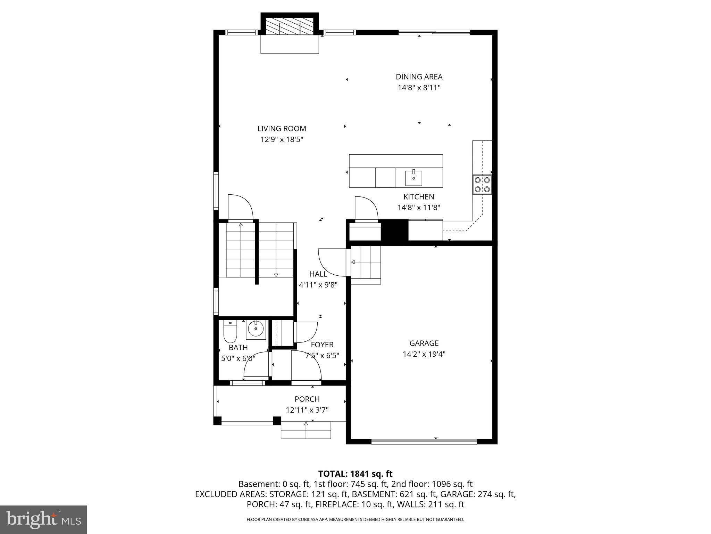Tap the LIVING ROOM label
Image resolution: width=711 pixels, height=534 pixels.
tap(282, 129)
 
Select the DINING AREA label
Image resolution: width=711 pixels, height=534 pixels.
tap(419, 77)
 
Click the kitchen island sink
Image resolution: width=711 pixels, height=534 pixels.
tap(413, 178)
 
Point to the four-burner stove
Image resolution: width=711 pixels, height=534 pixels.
tap(482, 185)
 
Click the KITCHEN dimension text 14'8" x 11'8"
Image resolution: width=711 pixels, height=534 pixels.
tap(419, 208)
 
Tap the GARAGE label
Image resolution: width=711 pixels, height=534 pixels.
tap(424, 343)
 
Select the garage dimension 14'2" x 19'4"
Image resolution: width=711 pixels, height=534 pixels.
tap(424, 354)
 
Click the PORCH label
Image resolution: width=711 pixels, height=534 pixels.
tap(307, 399)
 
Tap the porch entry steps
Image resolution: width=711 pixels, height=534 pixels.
tap(306, 430)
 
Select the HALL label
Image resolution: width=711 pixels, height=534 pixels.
tap(318, 274)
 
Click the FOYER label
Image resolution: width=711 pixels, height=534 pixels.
tap(322, 345)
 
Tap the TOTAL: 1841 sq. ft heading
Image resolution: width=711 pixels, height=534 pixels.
tap(355, 474)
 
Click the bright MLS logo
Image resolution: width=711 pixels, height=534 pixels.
tap(43, 519)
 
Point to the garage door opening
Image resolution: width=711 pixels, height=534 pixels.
tap(424, 442)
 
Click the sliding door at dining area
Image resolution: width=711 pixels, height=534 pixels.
tap(434, 33)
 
